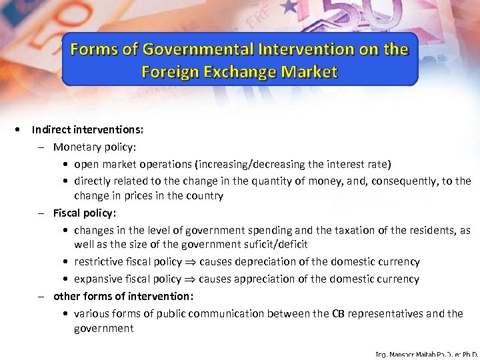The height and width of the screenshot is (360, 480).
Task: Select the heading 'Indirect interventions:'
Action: coord(87,130)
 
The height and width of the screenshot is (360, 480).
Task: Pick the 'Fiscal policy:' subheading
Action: coord(83,213)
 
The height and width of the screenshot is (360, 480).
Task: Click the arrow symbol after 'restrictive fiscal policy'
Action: coord(190,262)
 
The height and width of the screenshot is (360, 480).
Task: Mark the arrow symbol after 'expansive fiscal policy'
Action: coord(189,279)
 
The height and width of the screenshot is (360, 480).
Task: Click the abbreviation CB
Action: coord(339,313)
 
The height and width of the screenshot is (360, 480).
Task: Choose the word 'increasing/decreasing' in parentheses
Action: coord(283,164)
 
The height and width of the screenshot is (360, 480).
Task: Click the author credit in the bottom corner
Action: coord(427,355)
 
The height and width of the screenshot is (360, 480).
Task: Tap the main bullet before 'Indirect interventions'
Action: coord(22,130)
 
